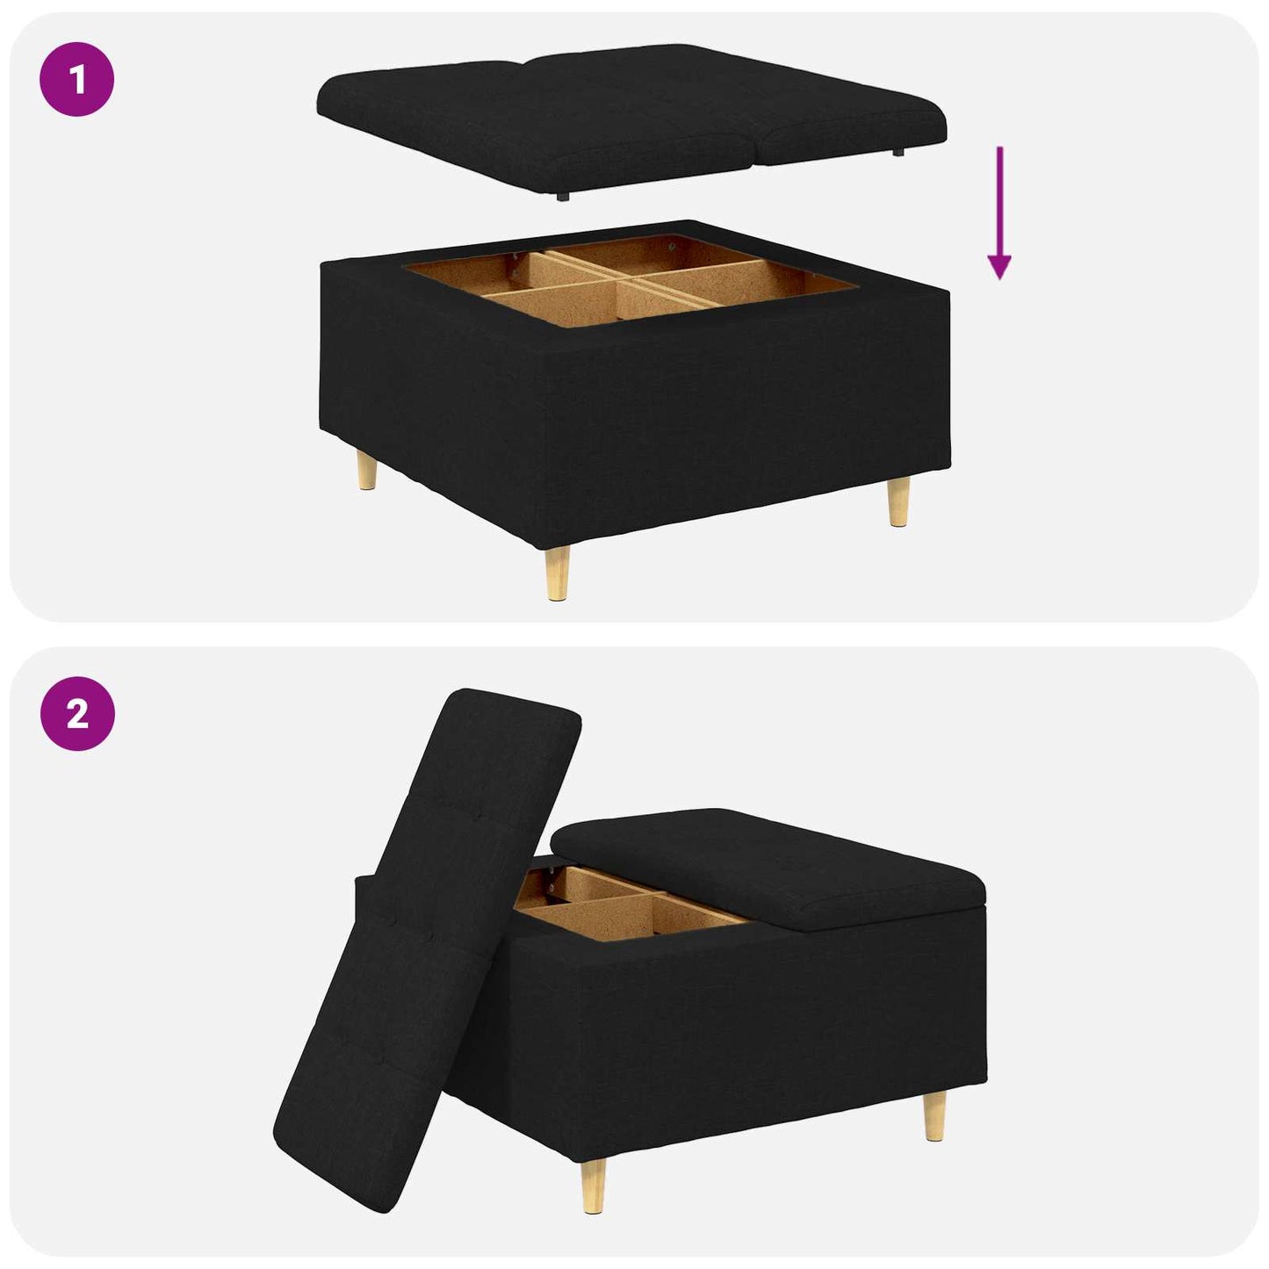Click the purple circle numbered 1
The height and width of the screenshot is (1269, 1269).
[x=77, y=79]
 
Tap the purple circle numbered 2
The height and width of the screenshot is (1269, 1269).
[x=77, y=713]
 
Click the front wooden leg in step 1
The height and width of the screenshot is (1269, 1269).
[x=557, y=573]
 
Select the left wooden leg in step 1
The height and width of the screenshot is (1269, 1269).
[x=368, y=472]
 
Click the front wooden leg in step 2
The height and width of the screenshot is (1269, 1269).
[x=594, y=1185]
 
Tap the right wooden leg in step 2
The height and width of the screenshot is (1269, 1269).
[x=934, y=1116]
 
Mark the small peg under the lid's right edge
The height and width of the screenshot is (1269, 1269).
[x=898, y=152]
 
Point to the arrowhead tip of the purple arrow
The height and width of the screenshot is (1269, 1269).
[x=999, y=278]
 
